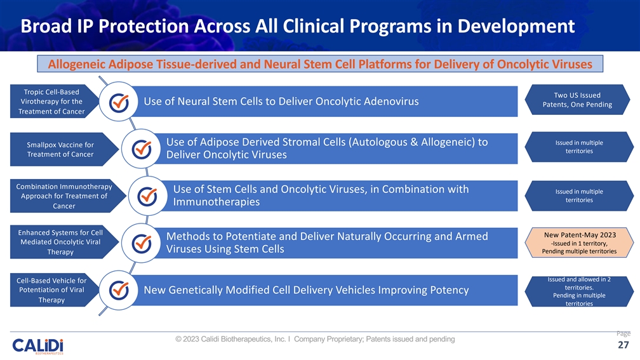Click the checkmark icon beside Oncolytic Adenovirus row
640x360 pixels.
pos(119,103)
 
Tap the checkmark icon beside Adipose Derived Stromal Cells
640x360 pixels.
pos(141,148)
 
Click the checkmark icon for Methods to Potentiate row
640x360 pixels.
pos(141,243)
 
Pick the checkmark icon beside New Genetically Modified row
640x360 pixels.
pos(119,290)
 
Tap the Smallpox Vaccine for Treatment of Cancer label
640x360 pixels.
pos(60,149)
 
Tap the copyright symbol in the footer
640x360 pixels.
pos(179,339)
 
